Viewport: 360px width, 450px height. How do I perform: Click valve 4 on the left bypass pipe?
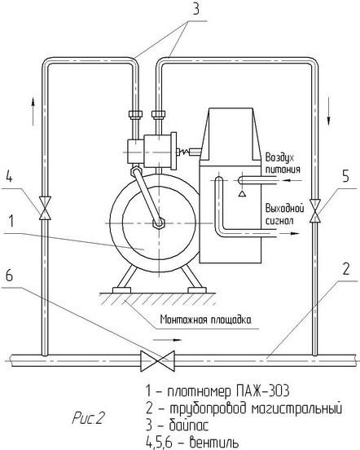click(x=45, y=208)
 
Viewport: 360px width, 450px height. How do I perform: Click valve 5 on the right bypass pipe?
click(x=315, y=210)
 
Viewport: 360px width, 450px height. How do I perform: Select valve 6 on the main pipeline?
click(x=158, y=361)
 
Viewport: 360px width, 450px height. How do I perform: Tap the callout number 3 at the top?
click(x=195, y=10)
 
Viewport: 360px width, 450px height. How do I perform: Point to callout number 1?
click(x=11, y=221)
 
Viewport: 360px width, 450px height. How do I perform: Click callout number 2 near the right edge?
click(x=346, y=269)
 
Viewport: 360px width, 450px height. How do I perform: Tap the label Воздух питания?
click(x=283, y=163)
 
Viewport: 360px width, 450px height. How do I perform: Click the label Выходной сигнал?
click(x=284, y=214)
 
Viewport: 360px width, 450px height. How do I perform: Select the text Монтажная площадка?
click(x=206, y=320)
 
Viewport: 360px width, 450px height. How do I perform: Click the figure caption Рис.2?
click(x=88, y=418)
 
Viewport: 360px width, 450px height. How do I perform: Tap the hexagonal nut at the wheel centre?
click(x=158, y=223)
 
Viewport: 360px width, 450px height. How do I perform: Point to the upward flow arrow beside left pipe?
click(x=33, y=111)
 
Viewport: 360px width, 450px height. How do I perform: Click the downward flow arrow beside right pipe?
click(x=328, y=111)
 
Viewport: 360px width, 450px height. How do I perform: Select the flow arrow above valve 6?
click(x=167, y=340)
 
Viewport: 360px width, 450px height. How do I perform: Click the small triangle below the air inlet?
click(x=242, y=193)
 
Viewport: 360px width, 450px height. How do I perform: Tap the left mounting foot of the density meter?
click(x=121, y=290)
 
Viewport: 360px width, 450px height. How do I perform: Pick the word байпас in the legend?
click(x=189, y=425)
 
